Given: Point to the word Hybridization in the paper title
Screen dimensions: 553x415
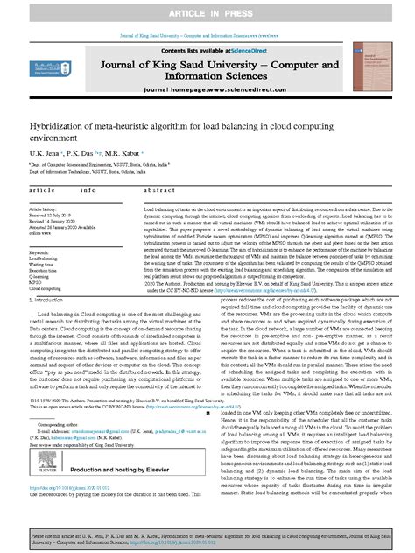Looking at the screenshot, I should [x=60, y=129].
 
